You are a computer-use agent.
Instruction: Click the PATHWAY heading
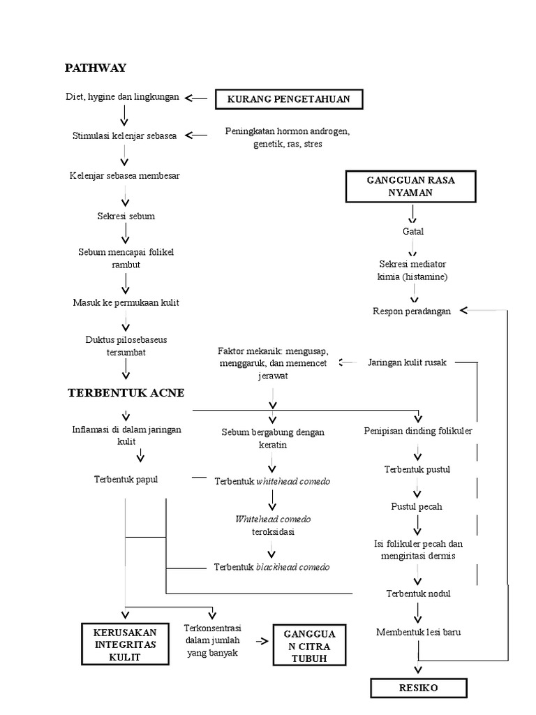95,68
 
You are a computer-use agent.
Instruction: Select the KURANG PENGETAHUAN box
289,100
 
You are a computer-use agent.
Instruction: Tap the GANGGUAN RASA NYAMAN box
410,186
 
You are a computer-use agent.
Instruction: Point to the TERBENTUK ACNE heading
126,392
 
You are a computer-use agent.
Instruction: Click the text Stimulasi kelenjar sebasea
124,135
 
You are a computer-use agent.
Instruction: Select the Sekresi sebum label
126,216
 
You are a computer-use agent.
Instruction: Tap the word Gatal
412,231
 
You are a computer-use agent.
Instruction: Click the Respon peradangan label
412,311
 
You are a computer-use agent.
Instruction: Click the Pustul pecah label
416,506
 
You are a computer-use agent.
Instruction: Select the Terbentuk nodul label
418,594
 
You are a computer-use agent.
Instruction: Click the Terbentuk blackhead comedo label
271,567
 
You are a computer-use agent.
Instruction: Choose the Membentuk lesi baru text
418,633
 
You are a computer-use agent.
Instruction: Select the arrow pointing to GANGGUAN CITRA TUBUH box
262,640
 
